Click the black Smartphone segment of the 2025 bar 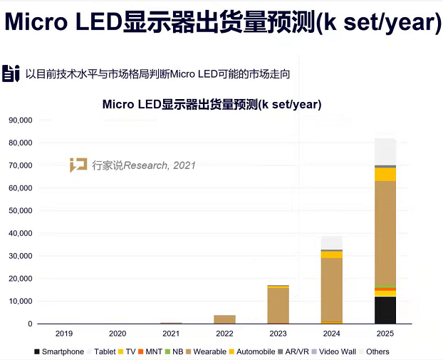[x=385, y=310]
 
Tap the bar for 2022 [x=225, y=319]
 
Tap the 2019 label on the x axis [x=65, y=333]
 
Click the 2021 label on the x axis [x=172, y=333]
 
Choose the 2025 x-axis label [x=385, y=333]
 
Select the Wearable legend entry [x=207, y=351]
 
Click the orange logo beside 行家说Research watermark [x=78, y=165]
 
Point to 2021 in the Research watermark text [x=184, y=165]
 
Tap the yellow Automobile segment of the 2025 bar [x=385, y=174]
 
